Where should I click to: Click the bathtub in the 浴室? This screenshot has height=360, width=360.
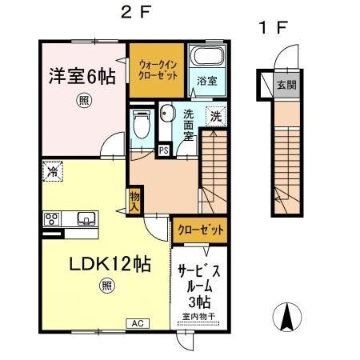[x=206, y=57]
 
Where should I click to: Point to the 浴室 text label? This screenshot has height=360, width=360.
[x=206, y=80]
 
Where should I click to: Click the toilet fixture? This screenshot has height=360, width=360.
[x=142, y=124]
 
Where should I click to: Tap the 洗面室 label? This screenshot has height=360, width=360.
[x=189, y=125]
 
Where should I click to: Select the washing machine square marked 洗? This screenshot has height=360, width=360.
[x=215, y=115]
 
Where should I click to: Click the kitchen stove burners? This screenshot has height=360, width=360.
[x=52, y=218]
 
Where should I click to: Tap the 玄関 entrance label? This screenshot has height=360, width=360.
[x=284, y=84]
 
